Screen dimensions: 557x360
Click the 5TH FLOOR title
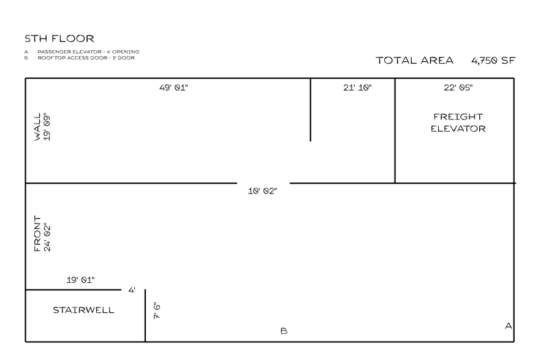[59, 39]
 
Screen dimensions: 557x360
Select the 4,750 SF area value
[493, 61]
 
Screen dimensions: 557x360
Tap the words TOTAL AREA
[415, 61]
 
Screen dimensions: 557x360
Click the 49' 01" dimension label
[173, 88]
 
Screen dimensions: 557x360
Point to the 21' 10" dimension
[357, 88]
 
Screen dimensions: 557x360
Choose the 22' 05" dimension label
[458, 88]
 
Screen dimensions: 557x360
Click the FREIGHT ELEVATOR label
[458, 122]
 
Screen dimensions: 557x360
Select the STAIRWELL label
[83, 310]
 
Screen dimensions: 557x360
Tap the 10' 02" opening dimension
[262, 191]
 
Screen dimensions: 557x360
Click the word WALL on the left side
[37, 127]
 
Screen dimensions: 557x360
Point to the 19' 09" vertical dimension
[47, 127]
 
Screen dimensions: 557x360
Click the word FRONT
[37, 234]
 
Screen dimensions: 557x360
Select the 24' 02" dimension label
[47, 237]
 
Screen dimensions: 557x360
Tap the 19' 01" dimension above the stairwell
[81, 280]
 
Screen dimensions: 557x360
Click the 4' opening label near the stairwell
[132, 290]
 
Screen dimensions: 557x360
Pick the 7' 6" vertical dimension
[157, 310]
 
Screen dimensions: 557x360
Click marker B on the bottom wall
[284, 331]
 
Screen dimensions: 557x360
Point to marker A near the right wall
[509, 326]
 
